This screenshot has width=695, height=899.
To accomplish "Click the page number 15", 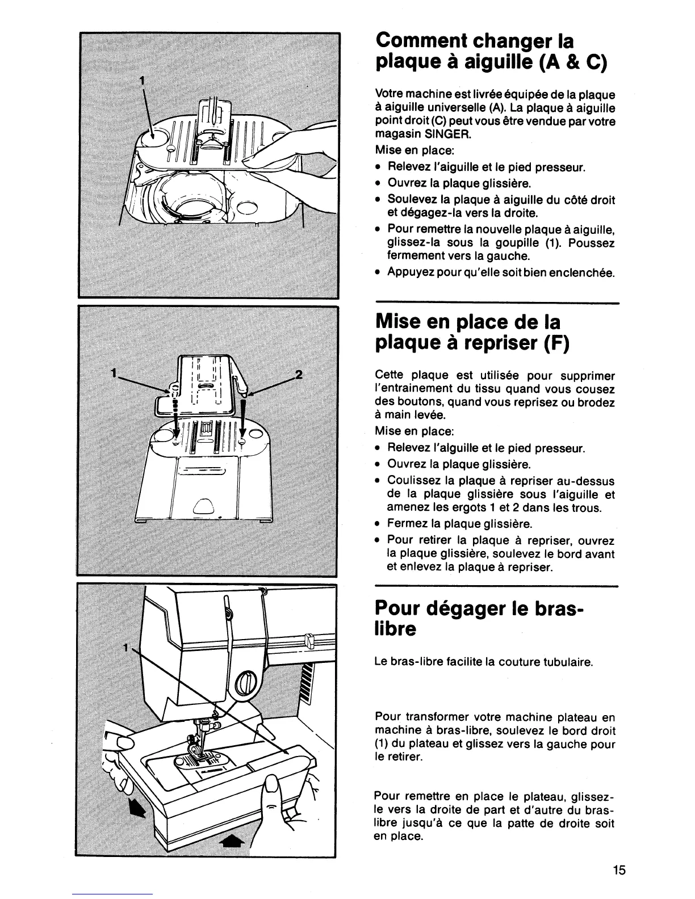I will pos(618,869).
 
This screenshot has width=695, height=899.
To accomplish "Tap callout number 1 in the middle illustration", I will pos(115,373).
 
